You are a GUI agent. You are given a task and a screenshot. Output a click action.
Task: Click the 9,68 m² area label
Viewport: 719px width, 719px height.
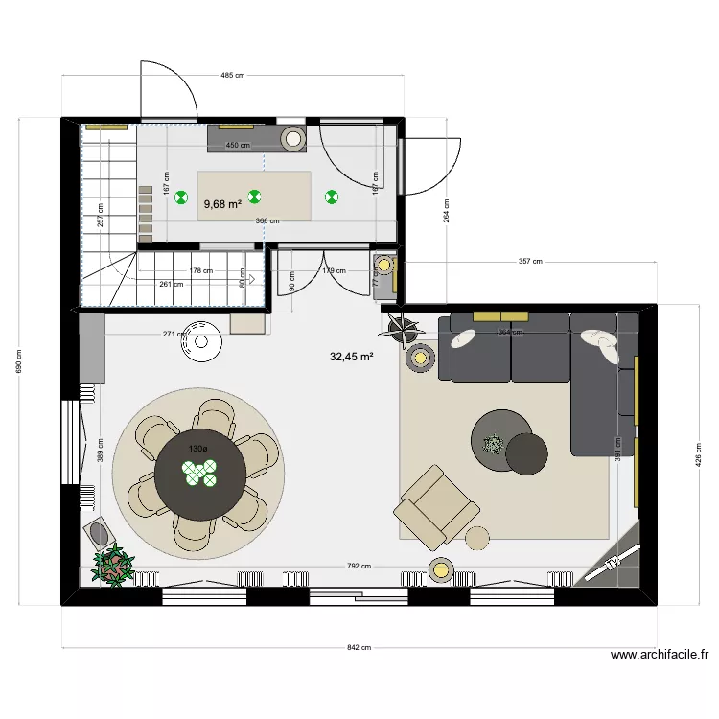222,203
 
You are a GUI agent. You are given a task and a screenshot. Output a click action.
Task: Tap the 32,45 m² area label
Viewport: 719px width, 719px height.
351,357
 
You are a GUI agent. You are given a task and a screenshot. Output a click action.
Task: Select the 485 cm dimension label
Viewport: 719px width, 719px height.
232,75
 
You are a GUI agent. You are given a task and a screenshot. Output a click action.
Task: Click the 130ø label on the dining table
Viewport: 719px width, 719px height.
197,449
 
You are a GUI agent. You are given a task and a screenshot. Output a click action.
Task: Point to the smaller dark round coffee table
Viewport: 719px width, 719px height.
527,453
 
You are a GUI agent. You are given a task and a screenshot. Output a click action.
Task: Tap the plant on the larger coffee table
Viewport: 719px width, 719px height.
494,444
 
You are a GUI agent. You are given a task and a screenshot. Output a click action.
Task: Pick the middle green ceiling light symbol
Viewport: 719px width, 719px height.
255,197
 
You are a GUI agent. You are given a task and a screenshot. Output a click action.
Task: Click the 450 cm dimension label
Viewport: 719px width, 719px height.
238,146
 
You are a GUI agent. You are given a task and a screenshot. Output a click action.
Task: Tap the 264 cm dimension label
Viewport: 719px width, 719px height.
446,210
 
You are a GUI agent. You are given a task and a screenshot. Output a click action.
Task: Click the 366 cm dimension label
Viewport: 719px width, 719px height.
267,221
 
